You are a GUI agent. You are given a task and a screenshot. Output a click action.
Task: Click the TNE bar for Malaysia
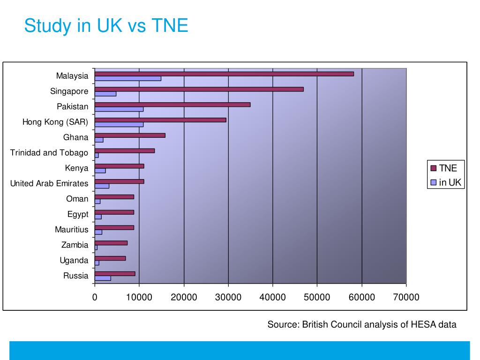click(x=224, y=74)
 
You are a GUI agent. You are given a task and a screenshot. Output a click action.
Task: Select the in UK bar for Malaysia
click(x=127, y=79)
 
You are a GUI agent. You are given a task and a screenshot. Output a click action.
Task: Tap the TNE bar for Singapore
click(x=199, y=89)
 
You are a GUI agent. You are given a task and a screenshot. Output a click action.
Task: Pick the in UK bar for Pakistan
click(x=119, y=109)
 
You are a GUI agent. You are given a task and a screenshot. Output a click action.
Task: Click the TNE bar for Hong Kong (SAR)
click(x=160, y=120)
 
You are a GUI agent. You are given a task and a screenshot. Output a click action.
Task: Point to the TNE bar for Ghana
click(x=130, y=135)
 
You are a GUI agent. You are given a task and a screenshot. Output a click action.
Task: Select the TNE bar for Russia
click(x=115, y=274)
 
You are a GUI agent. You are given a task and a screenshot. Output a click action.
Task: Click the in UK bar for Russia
click(x=103, y=278)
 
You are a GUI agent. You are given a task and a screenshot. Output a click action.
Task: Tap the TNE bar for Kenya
click(x=119, y=166)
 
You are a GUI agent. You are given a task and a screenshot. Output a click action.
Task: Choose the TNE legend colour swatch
click(x=433, y=168)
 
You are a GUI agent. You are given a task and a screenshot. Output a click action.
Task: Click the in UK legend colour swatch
click(x=433, y=182)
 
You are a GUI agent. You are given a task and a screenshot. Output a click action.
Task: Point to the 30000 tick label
click(x=228, y=297)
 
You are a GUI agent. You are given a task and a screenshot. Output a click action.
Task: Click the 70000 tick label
click(x=406, y=297)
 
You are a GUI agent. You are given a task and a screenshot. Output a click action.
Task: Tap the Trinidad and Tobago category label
click(x=49, y=152)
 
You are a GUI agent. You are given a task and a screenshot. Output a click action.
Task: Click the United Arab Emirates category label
click(x=49, y=183)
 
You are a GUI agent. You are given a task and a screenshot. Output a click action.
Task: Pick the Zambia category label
click(x=75, y=245)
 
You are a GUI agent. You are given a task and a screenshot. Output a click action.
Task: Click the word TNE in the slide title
click(x=170, y=25)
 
